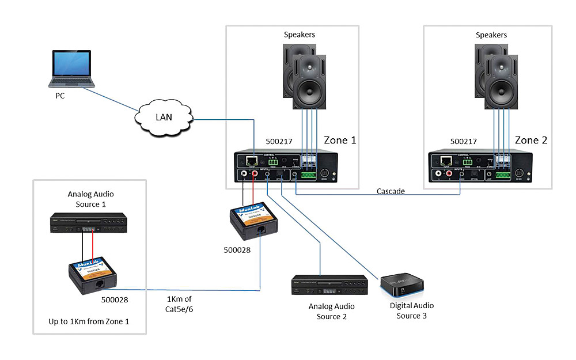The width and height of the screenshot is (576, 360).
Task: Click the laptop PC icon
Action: [x=73, y=69]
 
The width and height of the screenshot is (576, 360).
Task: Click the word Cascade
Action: [x=392, y=191]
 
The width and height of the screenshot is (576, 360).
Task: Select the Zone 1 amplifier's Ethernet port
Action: [x=252, y=162]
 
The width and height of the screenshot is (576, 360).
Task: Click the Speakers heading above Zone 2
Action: [x=491, y=35]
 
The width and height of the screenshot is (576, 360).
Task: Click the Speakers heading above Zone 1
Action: [x=300, y=35]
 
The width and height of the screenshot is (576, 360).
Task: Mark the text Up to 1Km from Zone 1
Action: [x=89, y=321]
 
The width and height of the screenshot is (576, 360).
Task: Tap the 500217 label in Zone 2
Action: [x=464, y=141]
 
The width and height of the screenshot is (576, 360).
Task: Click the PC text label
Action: [x=60, y=96]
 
